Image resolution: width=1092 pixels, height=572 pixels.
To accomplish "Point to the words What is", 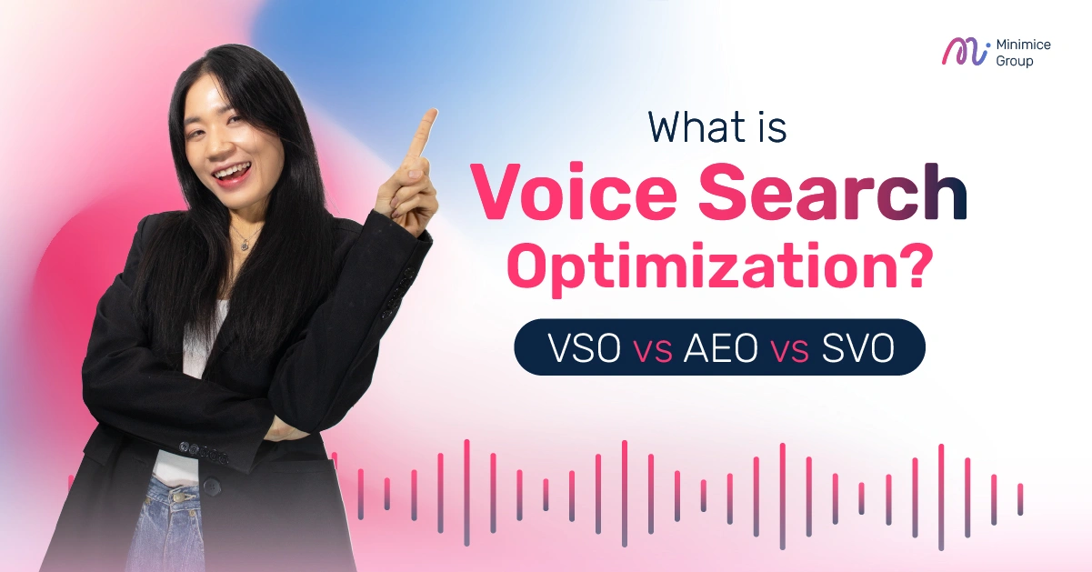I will (x=717, y=127).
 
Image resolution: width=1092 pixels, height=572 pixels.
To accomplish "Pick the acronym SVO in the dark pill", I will (x=857, y=347).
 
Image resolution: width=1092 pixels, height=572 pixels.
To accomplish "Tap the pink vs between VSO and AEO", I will (x=652, y=349).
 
